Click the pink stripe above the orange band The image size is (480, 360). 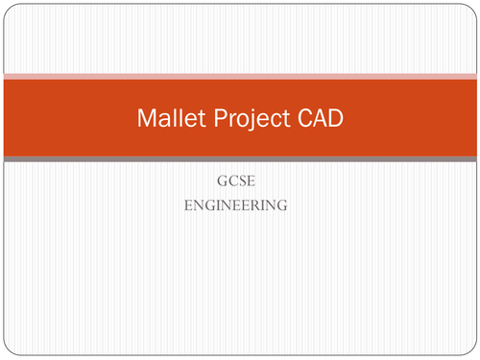tap(240, 75)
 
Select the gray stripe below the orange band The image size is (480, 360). tap(240, 159)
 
